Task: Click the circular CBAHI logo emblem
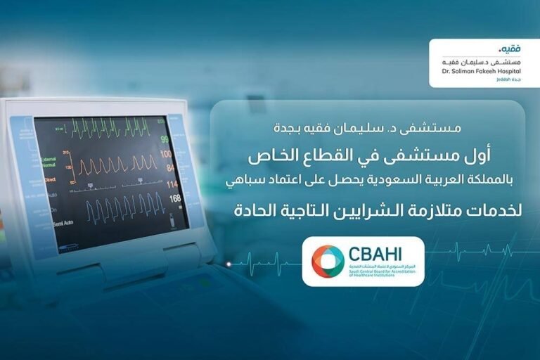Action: click(x=328, y=261)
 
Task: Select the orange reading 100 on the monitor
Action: click(x=166, y=154)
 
